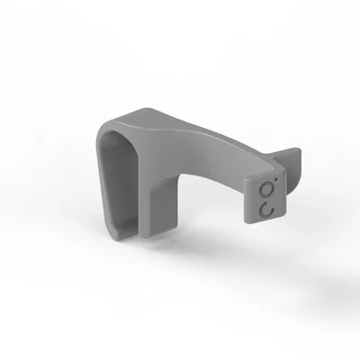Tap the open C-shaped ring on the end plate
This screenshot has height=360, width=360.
[265, 209]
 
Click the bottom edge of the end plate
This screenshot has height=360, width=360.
[265, 222]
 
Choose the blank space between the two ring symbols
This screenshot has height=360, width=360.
[265, 199]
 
